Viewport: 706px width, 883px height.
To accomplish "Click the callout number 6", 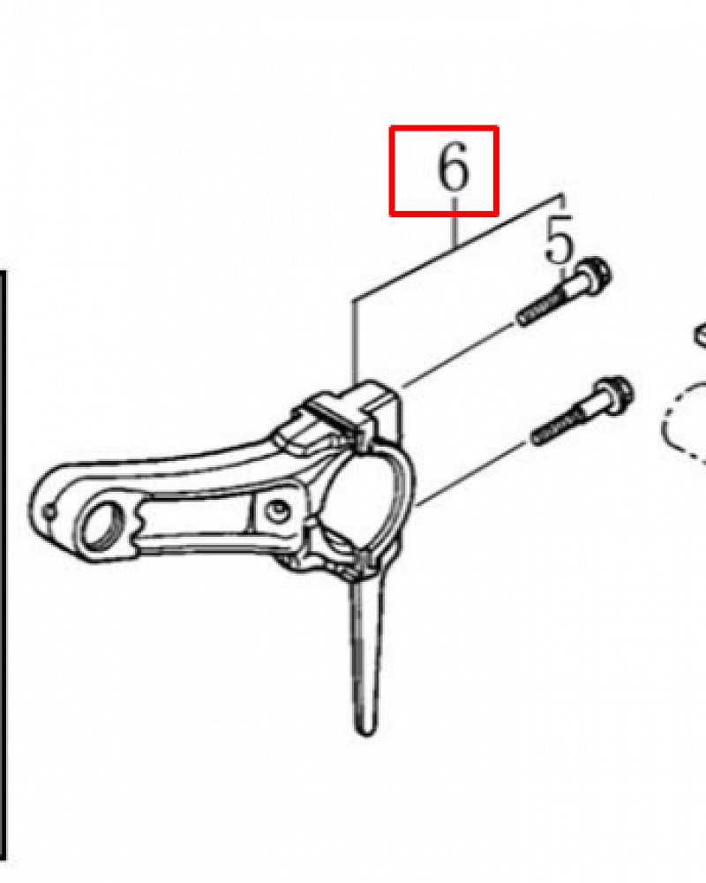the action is pos(454,166).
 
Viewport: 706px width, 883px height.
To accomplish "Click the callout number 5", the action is pos(559,240).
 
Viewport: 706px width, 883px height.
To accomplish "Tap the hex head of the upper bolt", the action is pos(595,275).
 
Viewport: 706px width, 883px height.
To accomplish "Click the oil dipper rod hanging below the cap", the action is pos(364,647).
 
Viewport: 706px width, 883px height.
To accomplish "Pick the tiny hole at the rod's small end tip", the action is pos(50,512).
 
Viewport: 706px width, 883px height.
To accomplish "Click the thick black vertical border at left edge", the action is pos(3,563).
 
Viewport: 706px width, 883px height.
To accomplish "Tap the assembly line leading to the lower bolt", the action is pos(473,474).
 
